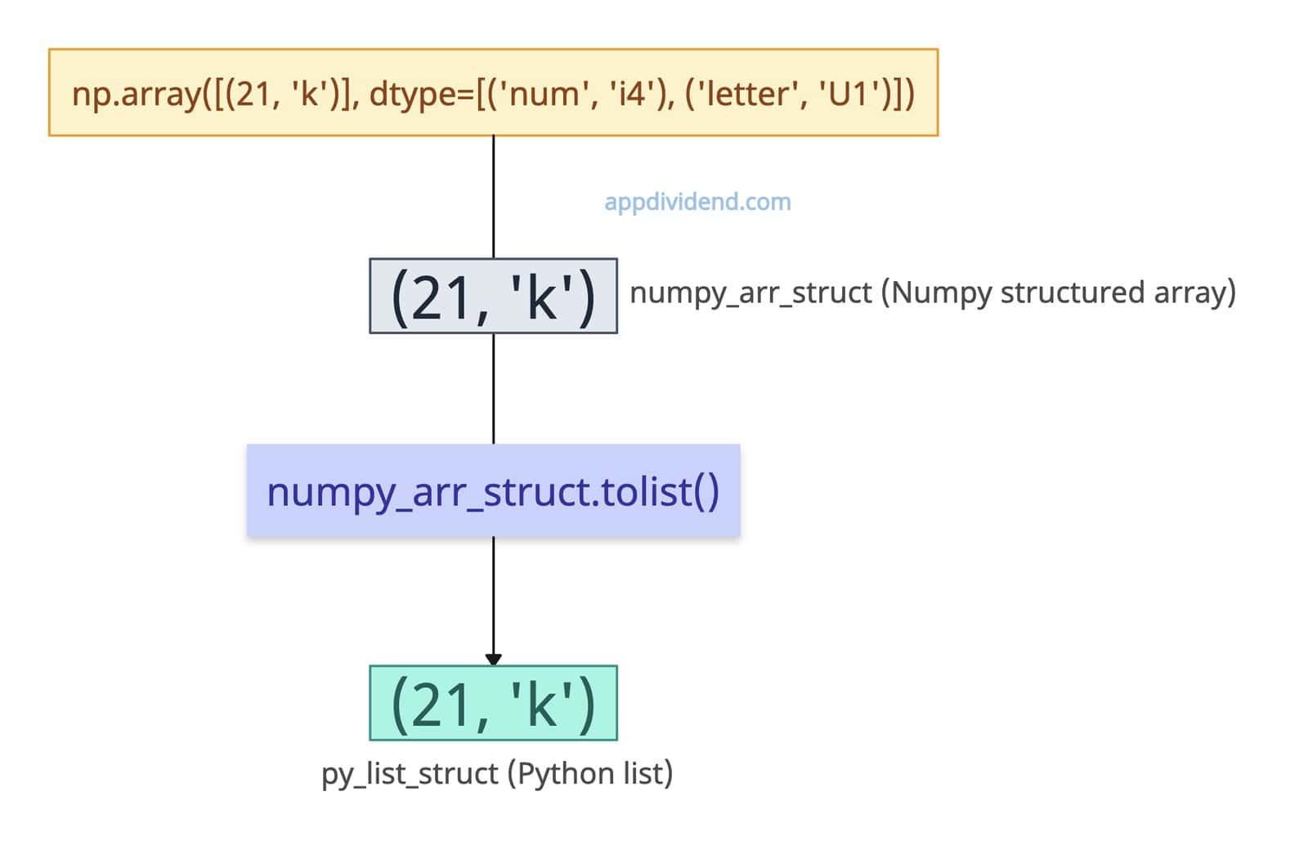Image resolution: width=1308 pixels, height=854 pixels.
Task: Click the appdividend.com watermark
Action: pos(697,202)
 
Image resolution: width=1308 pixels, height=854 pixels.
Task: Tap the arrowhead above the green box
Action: pos(493,659)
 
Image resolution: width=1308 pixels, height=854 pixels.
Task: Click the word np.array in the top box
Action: pos(136,94)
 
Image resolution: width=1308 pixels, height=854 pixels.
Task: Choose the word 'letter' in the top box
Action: pos(745,94)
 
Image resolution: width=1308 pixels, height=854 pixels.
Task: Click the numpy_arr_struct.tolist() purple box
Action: pos(493,491)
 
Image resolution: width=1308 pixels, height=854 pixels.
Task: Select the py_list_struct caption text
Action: pos(410,773)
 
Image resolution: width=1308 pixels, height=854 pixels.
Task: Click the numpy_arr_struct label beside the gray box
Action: pos(750,293)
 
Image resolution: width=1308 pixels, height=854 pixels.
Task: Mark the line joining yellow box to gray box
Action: pos(493,196)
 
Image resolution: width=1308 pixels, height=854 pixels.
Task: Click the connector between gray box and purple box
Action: pos(493,388)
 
